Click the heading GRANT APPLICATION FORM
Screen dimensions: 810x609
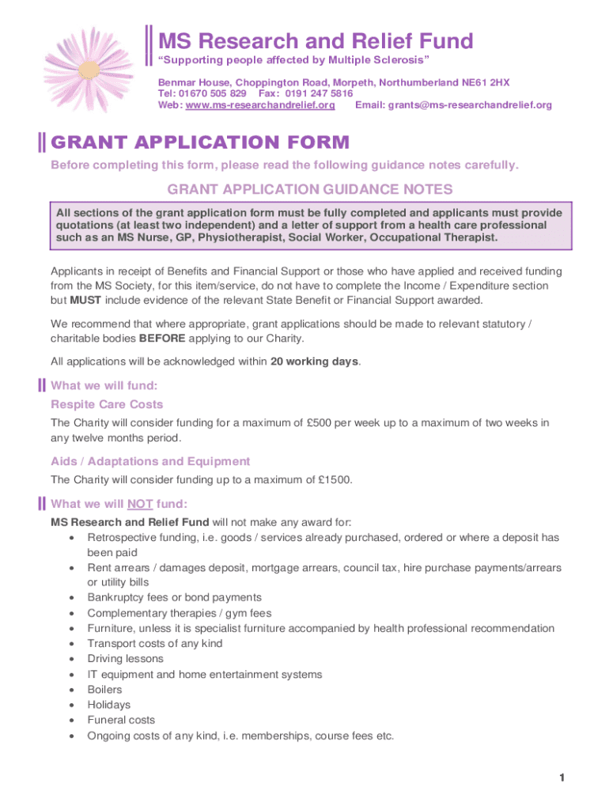(199, 142)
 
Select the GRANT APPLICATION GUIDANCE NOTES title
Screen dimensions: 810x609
(310, 190)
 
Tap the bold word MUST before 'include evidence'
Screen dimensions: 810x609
(85, 300)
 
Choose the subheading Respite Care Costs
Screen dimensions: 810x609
(107, 404)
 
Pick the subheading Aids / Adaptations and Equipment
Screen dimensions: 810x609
(150, 461)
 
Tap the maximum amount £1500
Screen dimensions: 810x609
(336, 479)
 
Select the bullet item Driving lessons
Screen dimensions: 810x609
(125, 658)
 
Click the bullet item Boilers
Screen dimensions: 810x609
(104, 689)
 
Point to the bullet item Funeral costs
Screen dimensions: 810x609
(121, 720)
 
